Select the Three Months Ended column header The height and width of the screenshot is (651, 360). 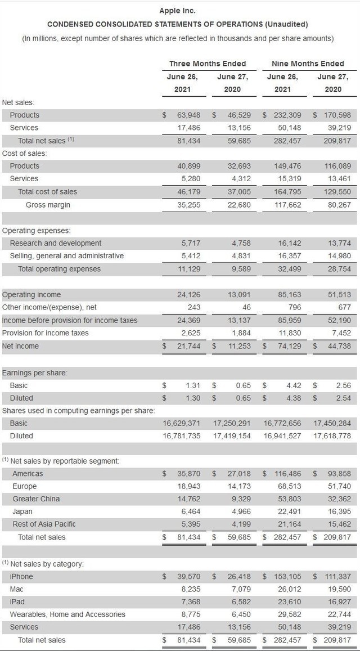(x=208, y=64)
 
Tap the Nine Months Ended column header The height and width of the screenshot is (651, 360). (x=308, y=64)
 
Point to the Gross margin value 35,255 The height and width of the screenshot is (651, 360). (x=188, y=205)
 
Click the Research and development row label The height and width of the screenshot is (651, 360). (x=56, y=243)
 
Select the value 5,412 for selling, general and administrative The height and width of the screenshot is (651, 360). (x=191, y=256)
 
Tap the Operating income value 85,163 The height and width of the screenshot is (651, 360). (x=290, y=295)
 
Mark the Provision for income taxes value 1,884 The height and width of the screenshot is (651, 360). (x=241, y=333)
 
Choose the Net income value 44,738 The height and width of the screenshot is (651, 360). (x=339, y=346)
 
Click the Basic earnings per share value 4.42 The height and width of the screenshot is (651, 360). (x=294, y=385)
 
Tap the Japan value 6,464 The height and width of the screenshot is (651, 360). (x=191, y=511)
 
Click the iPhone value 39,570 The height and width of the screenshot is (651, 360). (x=188, y=576)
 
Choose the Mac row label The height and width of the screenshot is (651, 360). (x=16, y=589)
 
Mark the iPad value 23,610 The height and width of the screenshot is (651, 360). (x=290, y=601)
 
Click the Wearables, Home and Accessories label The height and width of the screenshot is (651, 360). (x=67, y=614)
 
